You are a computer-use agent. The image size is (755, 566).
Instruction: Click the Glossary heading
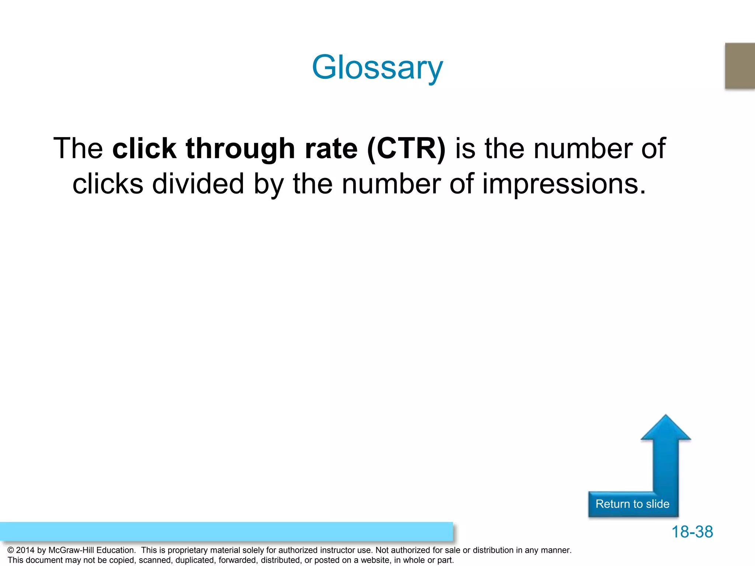pos(377,67)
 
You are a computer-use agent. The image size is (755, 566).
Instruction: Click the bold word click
pos(144,149)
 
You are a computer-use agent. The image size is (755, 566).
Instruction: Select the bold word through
pos(240,149)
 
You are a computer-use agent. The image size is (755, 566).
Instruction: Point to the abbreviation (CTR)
pos(406,149)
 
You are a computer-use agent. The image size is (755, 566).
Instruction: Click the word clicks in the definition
pos(108,184)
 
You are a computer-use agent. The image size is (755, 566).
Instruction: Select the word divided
pos(198,184)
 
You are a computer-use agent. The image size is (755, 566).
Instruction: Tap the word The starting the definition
pos(78,149)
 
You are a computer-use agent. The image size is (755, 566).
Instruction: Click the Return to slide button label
pos(632,504)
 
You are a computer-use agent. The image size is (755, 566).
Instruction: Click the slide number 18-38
pos(692,532)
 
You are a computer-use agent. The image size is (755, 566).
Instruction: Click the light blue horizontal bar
pos(226,531)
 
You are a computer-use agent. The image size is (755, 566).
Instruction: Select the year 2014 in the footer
pos(25,550)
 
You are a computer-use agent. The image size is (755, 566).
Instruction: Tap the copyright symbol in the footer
pos(11,550)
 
